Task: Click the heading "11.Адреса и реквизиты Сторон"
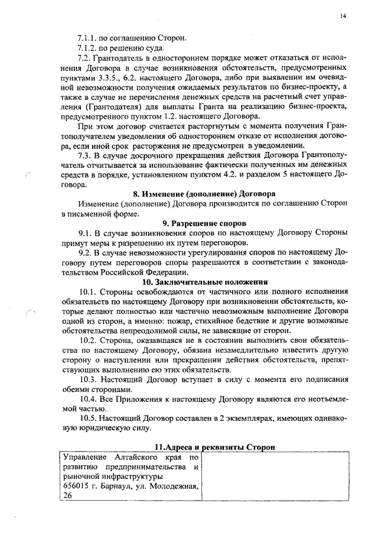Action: tap(214, 448)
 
